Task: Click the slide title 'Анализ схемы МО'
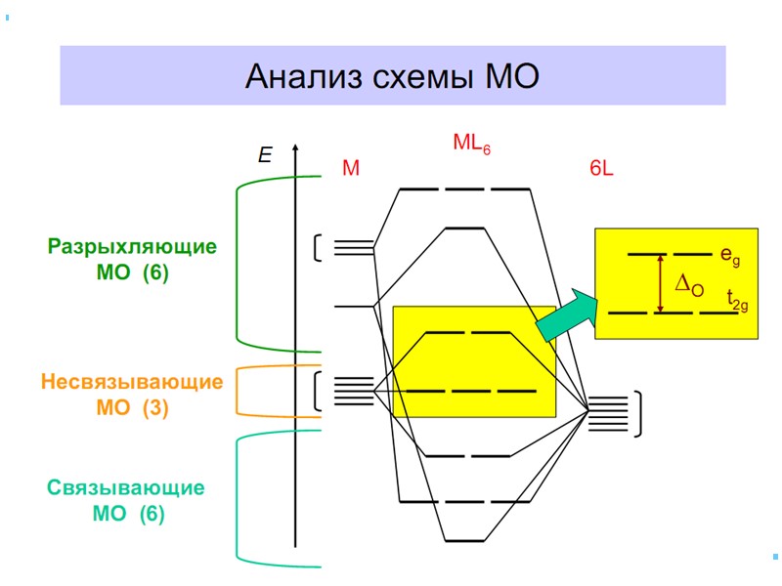(x=392, y=76)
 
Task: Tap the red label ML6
(x=471, y=145)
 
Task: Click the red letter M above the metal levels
(x=351, y=169)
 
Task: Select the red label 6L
(x=601, y=169)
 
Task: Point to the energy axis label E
(x=265, y=154)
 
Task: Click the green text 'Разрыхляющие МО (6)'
(x=133, y=260)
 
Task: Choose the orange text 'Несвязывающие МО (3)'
(x=132, y=395)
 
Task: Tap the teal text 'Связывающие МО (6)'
(x=126, y=499)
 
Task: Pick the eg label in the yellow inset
(x=729, y=256)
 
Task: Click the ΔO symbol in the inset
(x=689, y=284)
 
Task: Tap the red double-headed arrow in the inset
(x=661, y=283)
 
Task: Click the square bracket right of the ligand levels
(x=638, y=413)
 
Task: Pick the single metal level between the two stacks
(x=353, y=307)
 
